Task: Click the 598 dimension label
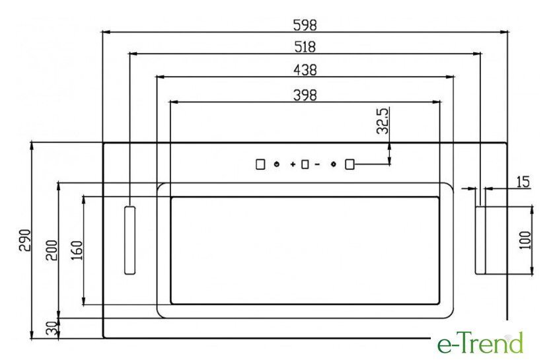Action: (305, 25)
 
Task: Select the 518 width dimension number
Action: (305, 47)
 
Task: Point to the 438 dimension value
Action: (305, 70)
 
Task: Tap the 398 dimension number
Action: (305, 95)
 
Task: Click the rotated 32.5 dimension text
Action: (383, 121)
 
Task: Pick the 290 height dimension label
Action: (25, 240)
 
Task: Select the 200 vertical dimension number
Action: (52, 250)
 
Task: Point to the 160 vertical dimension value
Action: (77, 250)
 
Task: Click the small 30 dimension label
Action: (52, 328)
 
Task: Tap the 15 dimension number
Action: (523, 182)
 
